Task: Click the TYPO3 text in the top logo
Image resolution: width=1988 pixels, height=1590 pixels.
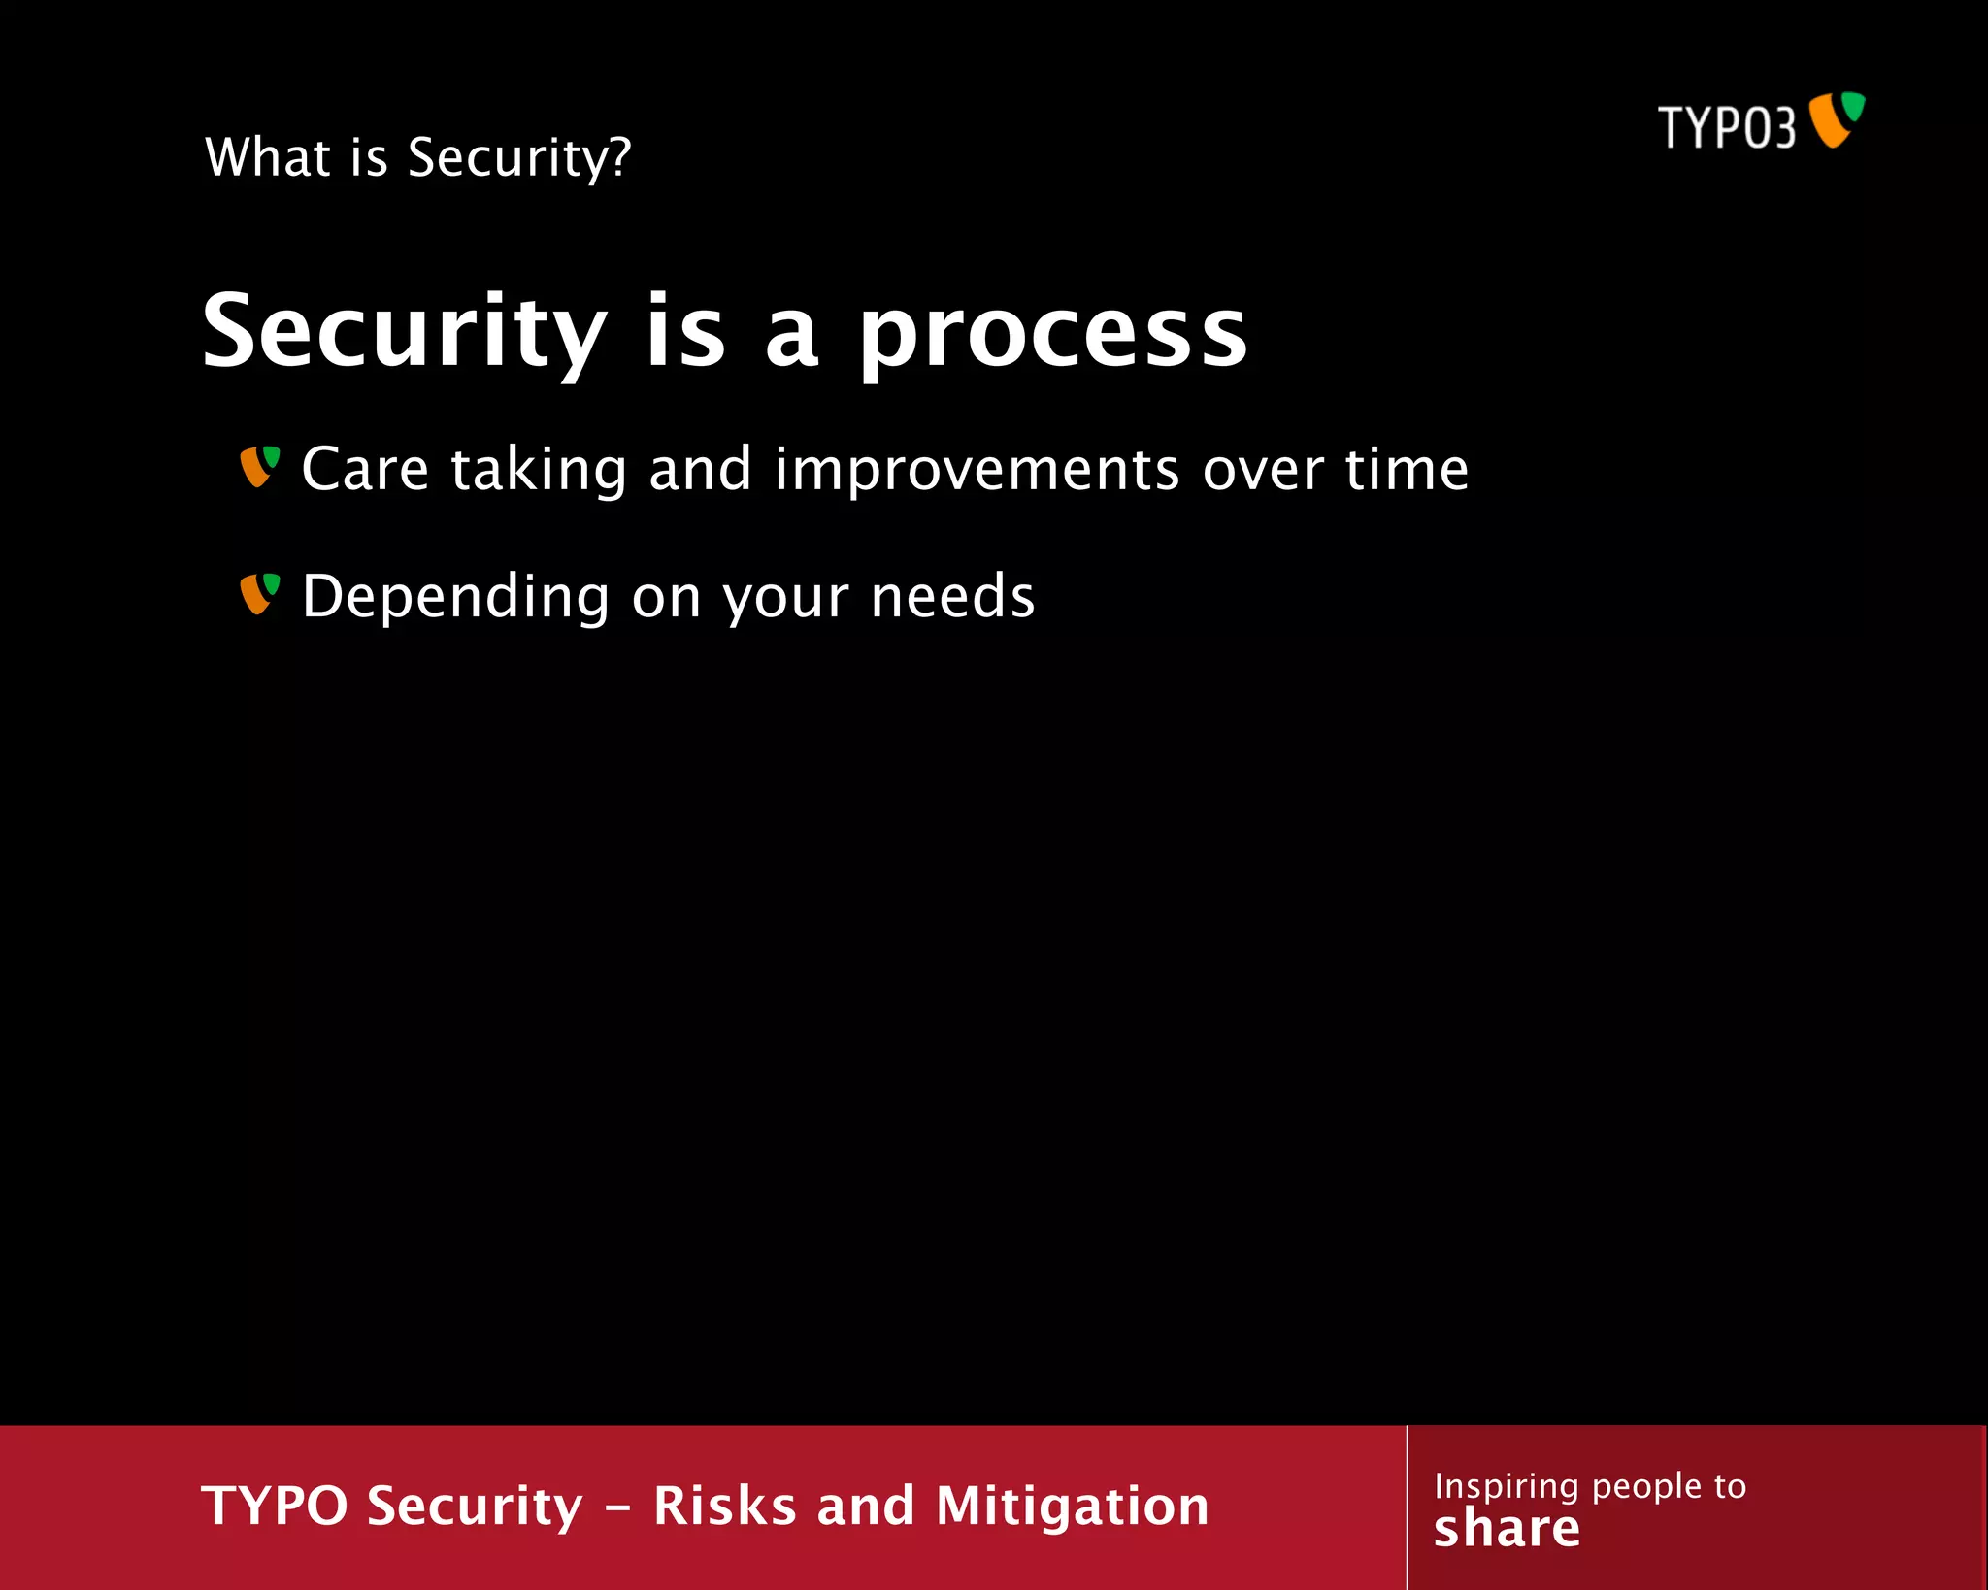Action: [x=1726, y=127]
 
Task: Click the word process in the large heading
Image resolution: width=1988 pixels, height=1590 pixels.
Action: [x=1052, y=335]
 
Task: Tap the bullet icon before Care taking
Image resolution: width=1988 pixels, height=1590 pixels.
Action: [x=260, y=467]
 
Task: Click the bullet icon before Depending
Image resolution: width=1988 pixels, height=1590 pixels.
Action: [x=260, y=594]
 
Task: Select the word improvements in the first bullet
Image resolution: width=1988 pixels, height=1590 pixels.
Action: [x=977, y=470]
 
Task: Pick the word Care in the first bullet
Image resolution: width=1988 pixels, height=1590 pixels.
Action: [x=365, y=470]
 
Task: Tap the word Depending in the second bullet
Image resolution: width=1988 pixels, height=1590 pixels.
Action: [x=455, y=598]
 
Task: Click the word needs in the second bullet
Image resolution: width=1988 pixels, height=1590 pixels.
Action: [x=952, y=596]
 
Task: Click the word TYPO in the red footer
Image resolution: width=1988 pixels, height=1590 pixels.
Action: [x=274, y=1506]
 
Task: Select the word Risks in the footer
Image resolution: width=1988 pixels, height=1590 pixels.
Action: [x=724, y=1506]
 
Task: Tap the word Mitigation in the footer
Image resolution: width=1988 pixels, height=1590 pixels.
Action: [x=1072, y=1506]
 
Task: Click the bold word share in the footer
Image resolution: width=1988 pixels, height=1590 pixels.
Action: [x=1507, y=1529]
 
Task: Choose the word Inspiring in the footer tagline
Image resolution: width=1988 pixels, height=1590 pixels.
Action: [x=1506, y=1486]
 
